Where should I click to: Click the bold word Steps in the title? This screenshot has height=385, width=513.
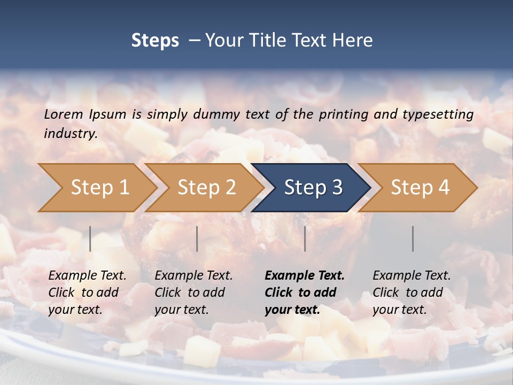[x=155, y=41]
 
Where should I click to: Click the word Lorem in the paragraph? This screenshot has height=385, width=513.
[x=64, y=114]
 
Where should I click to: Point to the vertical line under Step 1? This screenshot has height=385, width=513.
[x=90, y=238]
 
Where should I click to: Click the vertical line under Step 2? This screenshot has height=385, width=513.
[x=197, y=238]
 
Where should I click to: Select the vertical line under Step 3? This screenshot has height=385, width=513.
[x=305, y=238]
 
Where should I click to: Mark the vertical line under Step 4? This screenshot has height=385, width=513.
[x=413, y=238]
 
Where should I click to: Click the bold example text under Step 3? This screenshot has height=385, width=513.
[x=304, y=292]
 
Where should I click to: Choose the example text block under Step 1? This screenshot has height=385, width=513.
[x=87, y=292]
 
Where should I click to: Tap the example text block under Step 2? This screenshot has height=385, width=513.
[x=193, y=292]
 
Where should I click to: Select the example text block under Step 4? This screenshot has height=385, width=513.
[x=411, y=292]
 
